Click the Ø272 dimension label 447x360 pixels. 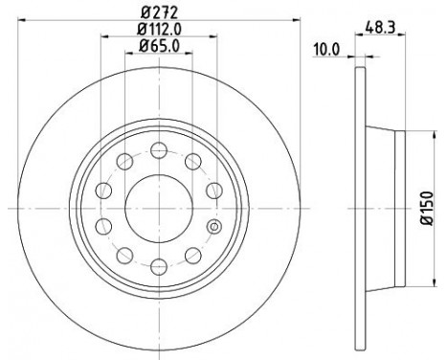pyautogui.click(x=159, y=12)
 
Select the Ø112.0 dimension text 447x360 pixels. pyautogui.click(x=159, y=30)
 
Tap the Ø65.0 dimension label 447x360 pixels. pyautogui.click(x=159, y=46)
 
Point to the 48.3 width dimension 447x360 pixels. pyautogui.click(x=380, y=27)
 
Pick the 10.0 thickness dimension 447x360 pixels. pyautogui.click(x=328, y=50)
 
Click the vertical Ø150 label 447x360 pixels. pyautogui.click(x=427, y=208)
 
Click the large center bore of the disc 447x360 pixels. pyautogui.click(x=159, y=209)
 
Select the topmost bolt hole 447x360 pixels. pyautogui.click(x=159, y=150)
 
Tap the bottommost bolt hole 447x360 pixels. pyautogui.click(x=159, y=266)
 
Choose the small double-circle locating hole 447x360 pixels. pyautogui.click(x=214, y=227)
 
